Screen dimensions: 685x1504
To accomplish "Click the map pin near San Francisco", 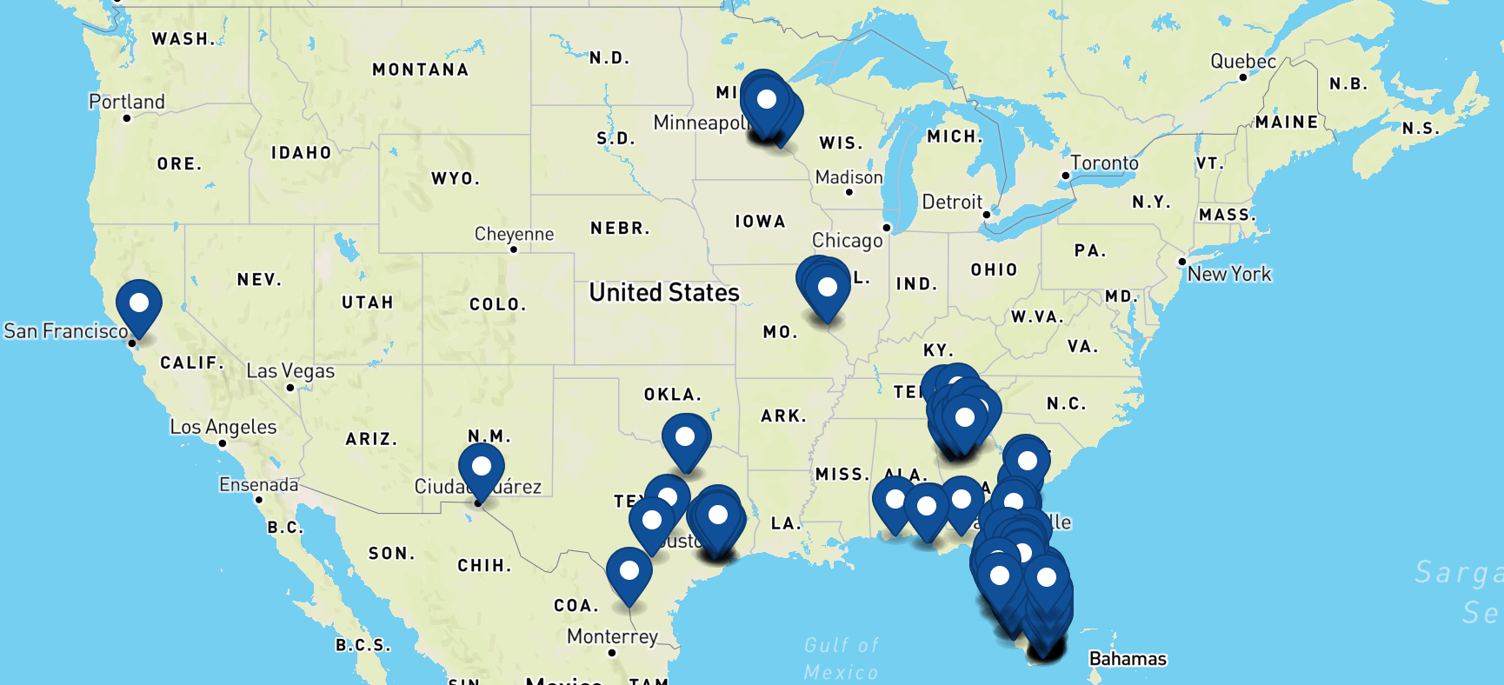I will click(x=139, y=304).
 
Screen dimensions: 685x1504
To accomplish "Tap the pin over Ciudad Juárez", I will click(x=481, y=467).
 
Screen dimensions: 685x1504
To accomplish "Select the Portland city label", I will click(x=127, y=102).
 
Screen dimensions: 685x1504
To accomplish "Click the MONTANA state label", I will click(x=420, y=70).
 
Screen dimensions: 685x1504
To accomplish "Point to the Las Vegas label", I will click(x=290, y=371).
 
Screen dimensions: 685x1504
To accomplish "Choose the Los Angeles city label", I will click(x=223, y=427).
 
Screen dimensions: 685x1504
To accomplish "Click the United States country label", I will click(x=664, y=292).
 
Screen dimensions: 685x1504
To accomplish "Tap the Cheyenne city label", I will click(x=514, y=234).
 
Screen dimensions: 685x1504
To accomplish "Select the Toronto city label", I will click(x=1104, y=163).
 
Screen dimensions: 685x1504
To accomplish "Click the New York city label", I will click(x=1229, y=274).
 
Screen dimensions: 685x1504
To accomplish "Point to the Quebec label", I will click(x=1243, y=62).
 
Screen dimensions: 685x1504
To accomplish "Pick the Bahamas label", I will click(x=1128, y=659).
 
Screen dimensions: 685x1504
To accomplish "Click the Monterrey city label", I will click(x=612, y=636).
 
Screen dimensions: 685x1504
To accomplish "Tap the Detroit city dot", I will click(x=987, y=214).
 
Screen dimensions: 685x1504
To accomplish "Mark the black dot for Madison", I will click(x=849, y=192).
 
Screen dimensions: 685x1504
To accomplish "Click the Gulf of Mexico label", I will click(x=842, y=658).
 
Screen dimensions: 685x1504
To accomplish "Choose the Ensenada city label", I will click(x=258, y=484).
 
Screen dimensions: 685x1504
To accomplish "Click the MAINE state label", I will click(x=1287, y=123).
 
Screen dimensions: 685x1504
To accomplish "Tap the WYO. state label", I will click(x=456, y=179).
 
